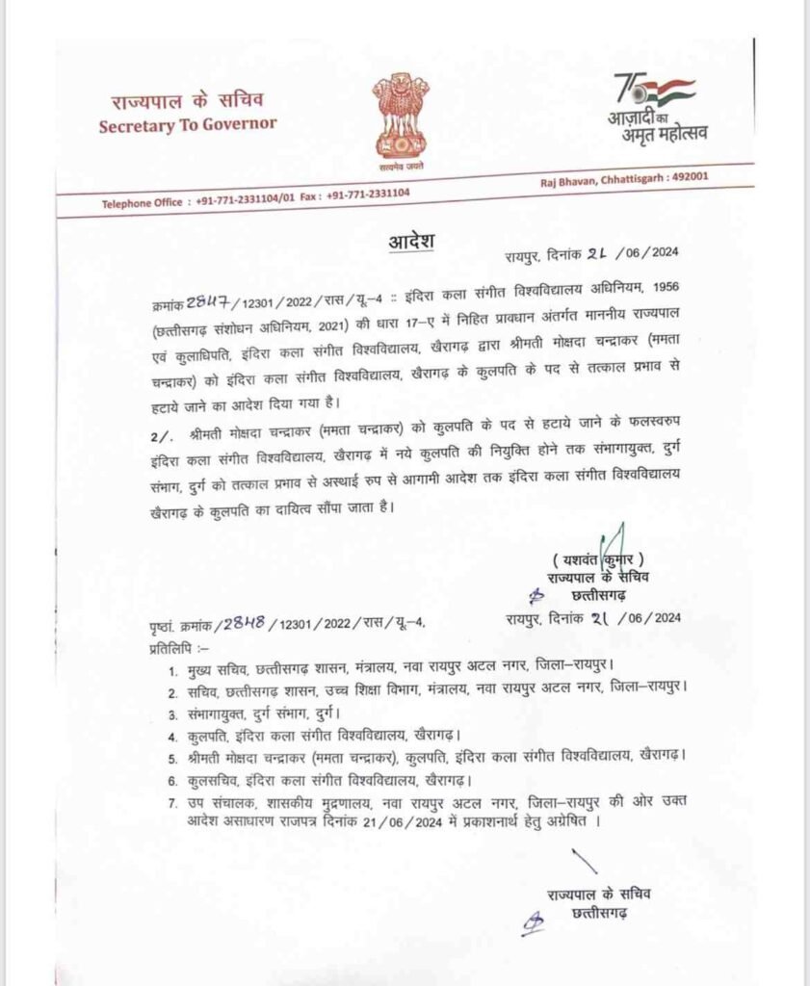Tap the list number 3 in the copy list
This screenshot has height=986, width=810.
171,714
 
